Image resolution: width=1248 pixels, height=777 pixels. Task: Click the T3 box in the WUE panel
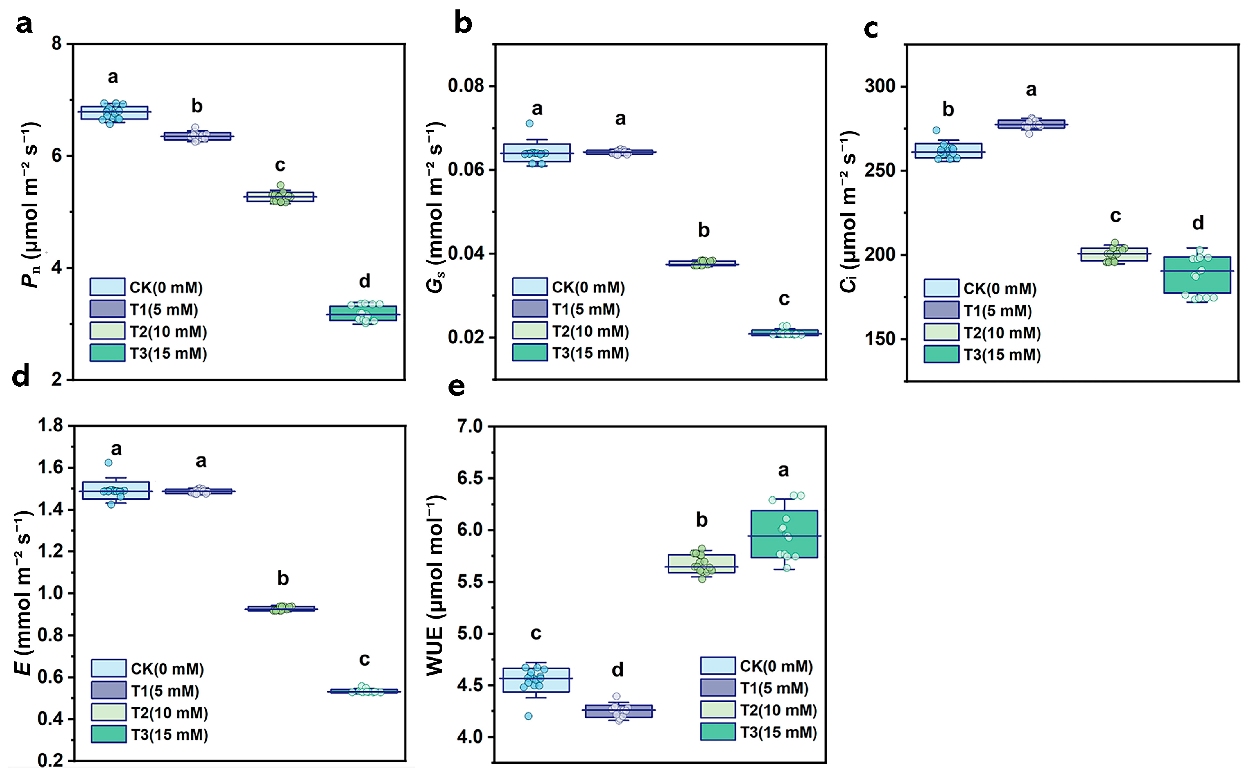pos(784,534)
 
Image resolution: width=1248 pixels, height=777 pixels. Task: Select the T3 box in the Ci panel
pos(1197,275)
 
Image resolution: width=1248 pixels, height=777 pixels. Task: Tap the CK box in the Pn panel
pos(115,113)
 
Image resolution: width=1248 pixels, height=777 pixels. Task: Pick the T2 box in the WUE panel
pos(702,564)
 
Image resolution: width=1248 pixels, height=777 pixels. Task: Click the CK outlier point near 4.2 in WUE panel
pos(529,716)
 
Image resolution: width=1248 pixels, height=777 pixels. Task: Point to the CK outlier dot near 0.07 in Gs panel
pos(529,123)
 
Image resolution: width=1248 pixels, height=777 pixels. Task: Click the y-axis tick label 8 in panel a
pos(56,44)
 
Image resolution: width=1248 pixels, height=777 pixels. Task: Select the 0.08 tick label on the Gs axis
pos(466,86)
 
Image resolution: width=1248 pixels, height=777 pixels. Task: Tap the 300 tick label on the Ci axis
pos(880,86)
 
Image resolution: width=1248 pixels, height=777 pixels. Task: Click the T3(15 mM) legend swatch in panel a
pos(107,353)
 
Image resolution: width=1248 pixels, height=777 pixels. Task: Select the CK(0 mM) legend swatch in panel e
pos(717,666)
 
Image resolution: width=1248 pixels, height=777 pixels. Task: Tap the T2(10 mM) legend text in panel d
pos(169,713)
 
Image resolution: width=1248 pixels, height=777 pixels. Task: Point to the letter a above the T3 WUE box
pos(783,470)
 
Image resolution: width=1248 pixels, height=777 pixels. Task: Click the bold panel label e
pos(457,387)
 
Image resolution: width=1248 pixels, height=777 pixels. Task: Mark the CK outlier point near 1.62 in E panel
pos(109,463)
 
